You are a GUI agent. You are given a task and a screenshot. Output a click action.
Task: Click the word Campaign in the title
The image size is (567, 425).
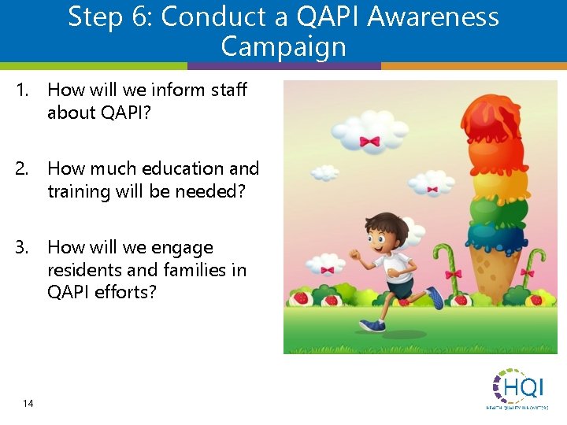coord(283,46)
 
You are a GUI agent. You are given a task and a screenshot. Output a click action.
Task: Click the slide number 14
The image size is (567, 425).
coord(28,403)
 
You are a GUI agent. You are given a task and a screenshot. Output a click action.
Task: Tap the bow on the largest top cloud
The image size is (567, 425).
coord(369,142)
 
